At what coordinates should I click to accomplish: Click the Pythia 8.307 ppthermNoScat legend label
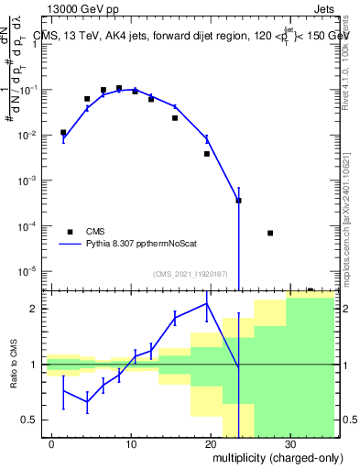tap(137, 245)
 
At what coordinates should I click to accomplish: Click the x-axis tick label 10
tap(131, 441)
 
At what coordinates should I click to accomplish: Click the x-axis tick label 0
tap(52, 441)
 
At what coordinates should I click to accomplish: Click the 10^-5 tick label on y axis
tap(27, 270)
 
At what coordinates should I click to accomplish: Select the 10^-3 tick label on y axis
tap(27, 180)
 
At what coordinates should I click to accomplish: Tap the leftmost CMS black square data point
tap(63, 133)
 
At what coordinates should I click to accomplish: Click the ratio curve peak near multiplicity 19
tap(207, 303)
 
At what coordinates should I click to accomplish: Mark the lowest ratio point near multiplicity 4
tap(87, 401)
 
